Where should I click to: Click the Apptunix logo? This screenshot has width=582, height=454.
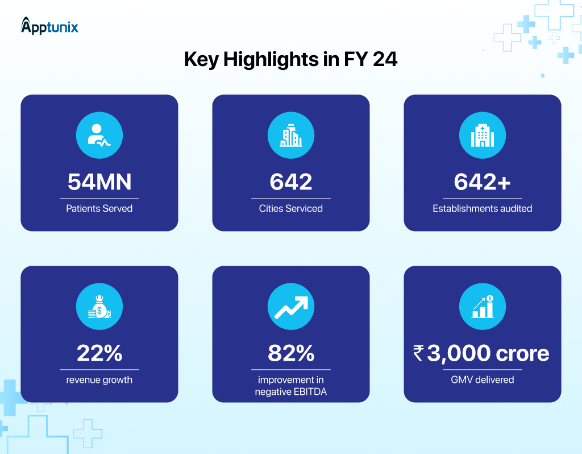49,26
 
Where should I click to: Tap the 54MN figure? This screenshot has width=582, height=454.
99,181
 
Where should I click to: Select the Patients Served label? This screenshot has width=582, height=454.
99,208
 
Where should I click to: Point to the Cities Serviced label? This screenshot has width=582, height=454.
290,208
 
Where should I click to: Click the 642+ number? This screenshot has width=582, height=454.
482,181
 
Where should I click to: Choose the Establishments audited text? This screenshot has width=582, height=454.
482,208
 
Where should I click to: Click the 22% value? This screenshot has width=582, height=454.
99,353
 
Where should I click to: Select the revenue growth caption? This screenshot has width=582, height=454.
99,379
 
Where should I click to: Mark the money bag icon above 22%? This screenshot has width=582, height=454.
99,308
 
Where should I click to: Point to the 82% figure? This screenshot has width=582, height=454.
290,353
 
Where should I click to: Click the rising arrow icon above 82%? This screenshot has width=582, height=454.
290,308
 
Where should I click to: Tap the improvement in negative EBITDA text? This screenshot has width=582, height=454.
290,385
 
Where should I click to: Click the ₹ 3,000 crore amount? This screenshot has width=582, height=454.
481,353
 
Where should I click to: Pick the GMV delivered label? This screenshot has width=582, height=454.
482,379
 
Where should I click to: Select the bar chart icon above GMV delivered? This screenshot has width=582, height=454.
482,308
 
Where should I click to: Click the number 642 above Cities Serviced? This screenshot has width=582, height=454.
290,181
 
